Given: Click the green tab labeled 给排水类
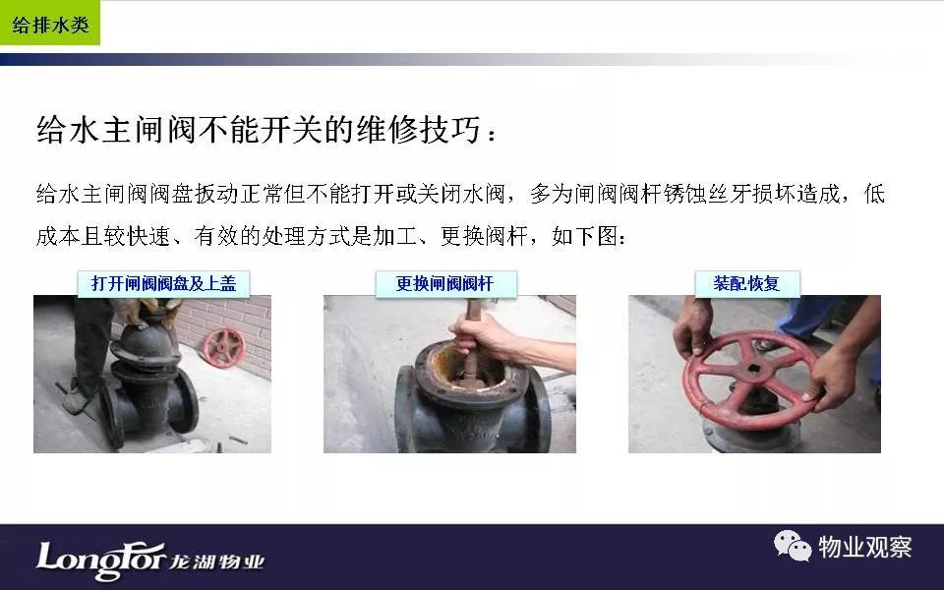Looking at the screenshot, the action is pos(50,23).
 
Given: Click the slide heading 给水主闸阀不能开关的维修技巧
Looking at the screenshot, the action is pos(260,129).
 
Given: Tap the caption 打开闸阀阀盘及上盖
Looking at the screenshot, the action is pos(164,283).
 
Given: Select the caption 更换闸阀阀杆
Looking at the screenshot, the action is pos(445,283).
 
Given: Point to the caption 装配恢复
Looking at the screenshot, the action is pos(747,283).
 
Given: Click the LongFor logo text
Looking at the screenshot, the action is pos(101,560).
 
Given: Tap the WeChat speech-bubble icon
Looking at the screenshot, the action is pos(793,546).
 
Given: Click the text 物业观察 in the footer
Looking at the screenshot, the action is pos(865,548).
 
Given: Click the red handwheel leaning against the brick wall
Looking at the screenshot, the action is pos(224,348).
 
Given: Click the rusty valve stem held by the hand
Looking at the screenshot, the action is pos(471,352).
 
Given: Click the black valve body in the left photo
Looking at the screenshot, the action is pos(147,385).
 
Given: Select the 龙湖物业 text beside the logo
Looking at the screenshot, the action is pos(216,562).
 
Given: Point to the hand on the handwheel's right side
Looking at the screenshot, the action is pos(834,380).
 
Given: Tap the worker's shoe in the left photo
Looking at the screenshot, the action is pos(76,400).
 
